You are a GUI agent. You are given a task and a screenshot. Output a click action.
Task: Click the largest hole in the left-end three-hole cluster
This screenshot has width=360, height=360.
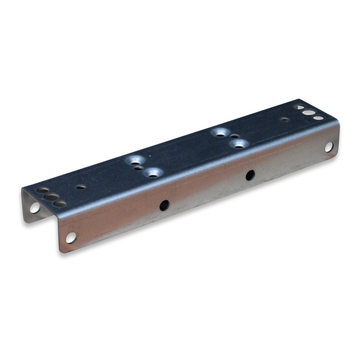[x=50, y=196]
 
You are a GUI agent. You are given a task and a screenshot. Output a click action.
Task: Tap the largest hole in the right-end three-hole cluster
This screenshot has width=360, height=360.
[x=309, y=112]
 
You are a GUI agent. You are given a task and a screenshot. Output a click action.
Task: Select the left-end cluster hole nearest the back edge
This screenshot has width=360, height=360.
[x=43, y=190]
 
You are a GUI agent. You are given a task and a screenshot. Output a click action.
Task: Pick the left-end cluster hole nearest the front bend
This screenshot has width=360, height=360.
[x=60, y=204]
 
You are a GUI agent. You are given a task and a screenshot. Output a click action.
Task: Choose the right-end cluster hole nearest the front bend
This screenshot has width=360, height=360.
[x=318, y=118]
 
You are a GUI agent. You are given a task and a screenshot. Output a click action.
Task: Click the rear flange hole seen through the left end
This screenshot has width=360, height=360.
[x=34, y=208]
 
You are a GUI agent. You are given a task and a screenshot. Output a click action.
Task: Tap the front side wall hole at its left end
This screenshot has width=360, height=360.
[x=70, y=238]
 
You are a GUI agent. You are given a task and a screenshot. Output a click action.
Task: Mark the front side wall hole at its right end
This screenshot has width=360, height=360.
[x=329, y=147]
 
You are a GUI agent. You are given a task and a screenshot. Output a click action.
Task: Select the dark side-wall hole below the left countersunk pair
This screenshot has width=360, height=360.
[x=164, y=205]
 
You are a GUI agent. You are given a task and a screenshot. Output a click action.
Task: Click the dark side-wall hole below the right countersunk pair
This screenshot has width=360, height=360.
[x=250, y=175]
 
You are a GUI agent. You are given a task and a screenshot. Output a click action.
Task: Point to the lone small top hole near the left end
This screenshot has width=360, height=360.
[x=81, y=187]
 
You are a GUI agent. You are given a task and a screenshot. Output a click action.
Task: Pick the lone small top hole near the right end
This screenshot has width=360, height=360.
[x=284, y=120]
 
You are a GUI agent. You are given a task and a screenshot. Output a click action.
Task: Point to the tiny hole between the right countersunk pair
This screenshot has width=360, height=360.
[x=234, y=137]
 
